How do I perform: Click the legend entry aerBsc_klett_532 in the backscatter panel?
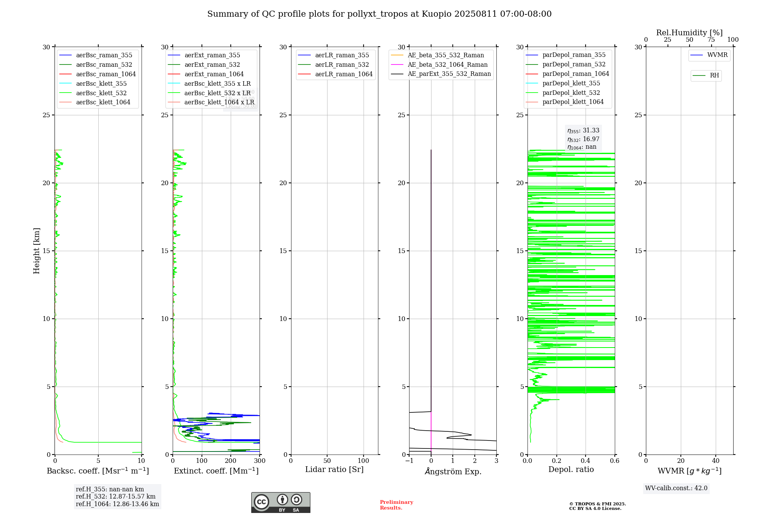(x=101, y=93)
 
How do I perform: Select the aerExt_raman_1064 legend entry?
(x=214, y=74)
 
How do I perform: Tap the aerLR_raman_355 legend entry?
(x=342, y=55)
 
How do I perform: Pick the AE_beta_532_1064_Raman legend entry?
(x=447, y=64)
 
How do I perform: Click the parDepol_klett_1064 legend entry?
(x=573, y=102)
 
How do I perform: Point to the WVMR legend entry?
(x=717, y=55)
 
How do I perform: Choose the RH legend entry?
(x=714, y=76)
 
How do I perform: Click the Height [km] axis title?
(x=36, y=251)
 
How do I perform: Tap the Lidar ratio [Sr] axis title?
(x=334, y=470)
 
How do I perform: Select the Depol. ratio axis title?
(x=571, y=470)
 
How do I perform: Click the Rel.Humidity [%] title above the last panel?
(x=689, y=33)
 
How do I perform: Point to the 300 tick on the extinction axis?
(x=260, y=461)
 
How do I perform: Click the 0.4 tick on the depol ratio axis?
(x=586, y=461)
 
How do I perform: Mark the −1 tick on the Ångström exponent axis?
(x=409, y=461)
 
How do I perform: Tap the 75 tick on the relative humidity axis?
(x=711, y=40)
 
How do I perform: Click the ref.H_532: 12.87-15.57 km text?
(x=115, y=497)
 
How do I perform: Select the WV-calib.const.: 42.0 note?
(x=676, y=488)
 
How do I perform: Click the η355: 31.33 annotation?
(x=583, y=131)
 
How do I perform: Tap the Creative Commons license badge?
(x=280, y=502)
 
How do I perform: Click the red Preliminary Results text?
(x=396, y=505)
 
